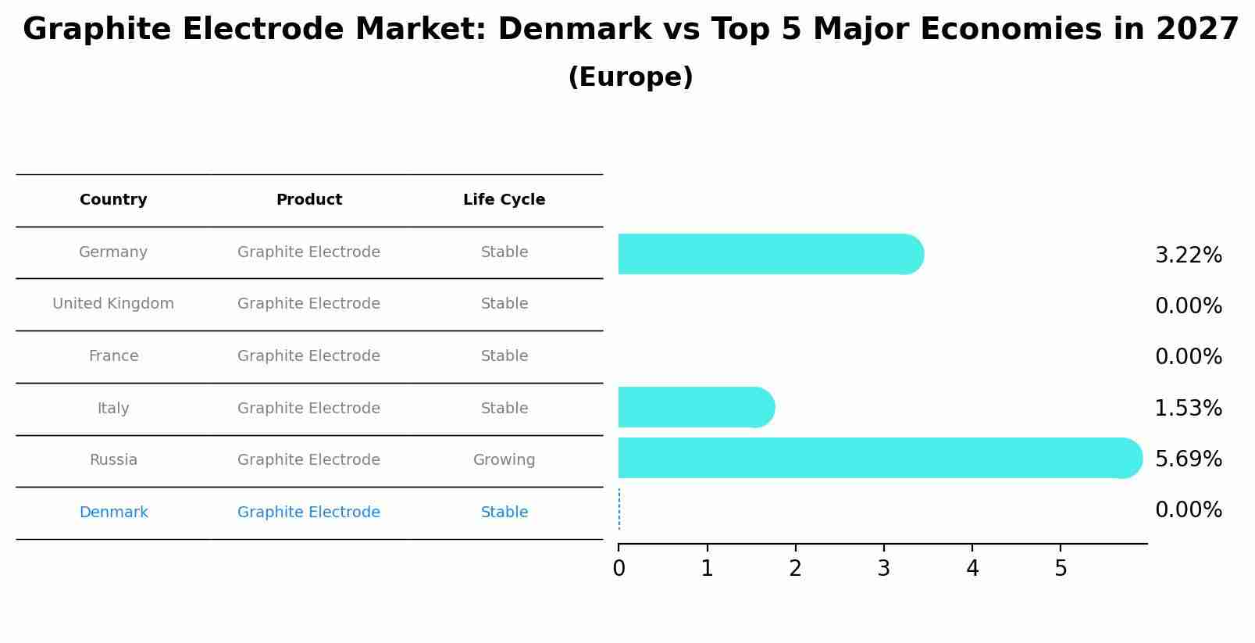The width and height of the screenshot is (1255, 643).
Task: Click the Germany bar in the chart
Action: tap(769, 254)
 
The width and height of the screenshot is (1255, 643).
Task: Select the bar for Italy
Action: tap(695, 407)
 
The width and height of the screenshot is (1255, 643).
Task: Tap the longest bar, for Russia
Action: tap(879, 458)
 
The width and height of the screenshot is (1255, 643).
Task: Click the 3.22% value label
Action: tap(1188, 255)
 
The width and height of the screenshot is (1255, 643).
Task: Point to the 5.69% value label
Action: tap(1188, 459)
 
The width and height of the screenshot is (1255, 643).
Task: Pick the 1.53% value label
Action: tap(1188, 408)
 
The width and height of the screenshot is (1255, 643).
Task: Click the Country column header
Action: tap(113, 200)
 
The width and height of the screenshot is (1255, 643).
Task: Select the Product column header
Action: tap(308, 200)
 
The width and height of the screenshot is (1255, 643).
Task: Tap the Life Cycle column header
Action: tap(504, 200)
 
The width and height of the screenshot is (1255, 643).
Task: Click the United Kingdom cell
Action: tap(113, 304)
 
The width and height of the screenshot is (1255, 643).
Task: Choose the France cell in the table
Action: tap(113, 356)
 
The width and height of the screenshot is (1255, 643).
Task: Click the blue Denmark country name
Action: tap(113, 513)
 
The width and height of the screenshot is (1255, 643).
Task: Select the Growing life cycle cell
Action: tap(504, 460)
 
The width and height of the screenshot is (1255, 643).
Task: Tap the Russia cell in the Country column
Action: tap(113, 460)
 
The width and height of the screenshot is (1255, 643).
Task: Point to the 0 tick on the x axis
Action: tap(619, 569)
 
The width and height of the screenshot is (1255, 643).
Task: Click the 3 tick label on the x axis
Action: tap(883, 569)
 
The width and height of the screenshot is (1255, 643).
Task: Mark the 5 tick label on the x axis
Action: tap(1060, 569)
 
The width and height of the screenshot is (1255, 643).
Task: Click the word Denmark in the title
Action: tap(574, 30)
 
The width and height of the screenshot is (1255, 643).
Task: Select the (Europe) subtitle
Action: tap(630, 77)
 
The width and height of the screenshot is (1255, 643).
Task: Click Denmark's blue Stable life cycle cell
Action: tap(504, 513)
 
